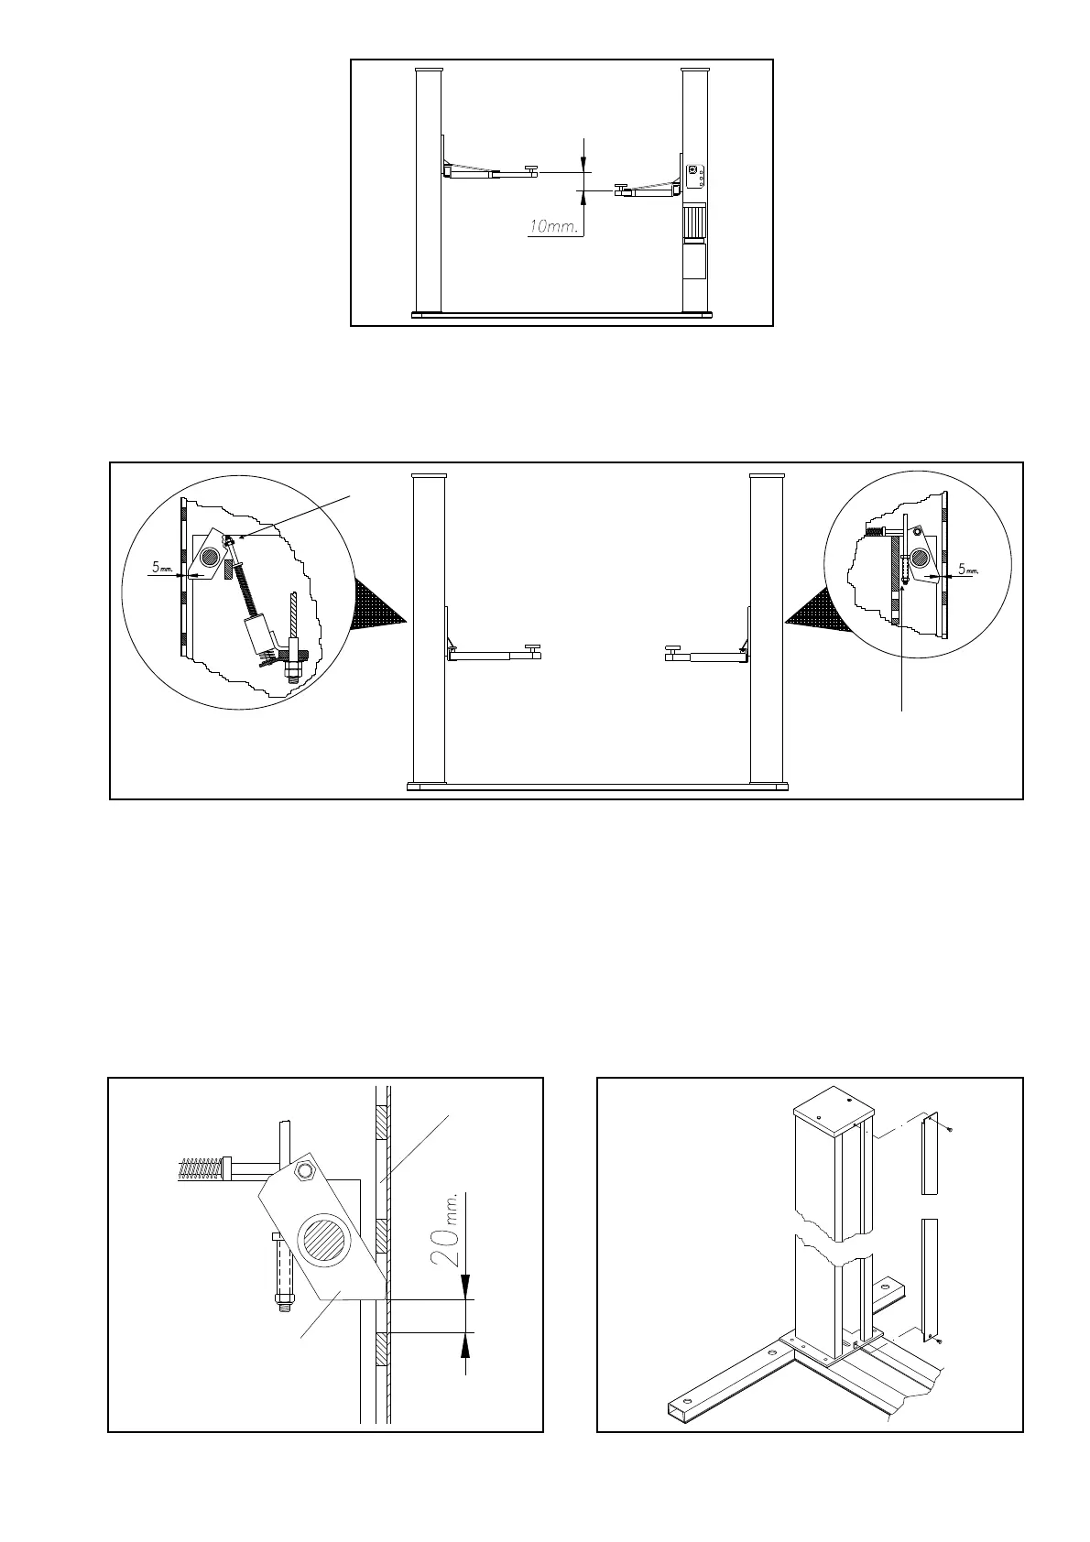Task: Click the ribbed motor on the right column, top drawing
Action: click(695, 223)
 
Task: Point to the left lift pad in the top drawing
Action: click(530, 166)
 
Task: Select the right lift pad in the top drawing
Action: click(621, 188)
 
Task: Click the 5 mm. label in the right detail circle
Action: click(967, 569)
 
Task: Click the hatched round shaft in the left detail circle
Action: click(209, 551)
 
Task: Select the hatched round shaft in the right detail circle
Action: click(917, 557)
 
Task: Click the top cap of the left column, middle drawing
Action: click(429, 478)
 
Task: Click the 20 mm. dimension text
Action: click(445, 1235)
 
